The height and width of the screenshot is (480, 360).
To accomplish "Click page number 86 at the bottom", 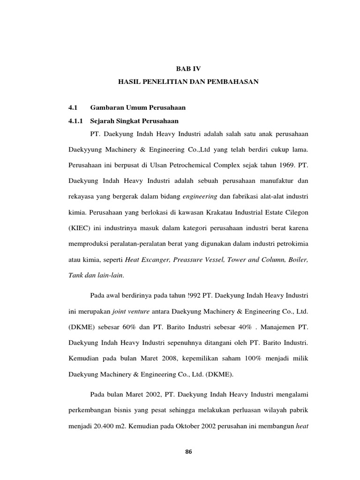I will (188, 452).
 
